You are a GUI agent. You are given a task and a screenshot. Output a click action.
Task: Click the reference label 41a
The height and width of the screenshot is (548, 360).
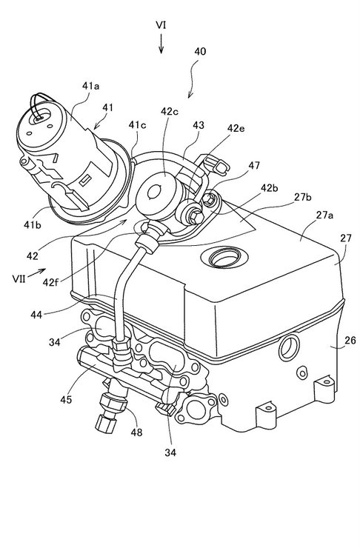(90, 86)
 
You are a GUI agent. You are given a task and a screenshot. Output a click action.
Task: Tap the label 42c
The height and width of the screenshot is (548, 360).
(169, 111)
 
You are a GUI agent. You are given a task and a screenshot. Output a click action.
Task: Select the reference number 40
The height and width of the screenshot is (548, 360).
(200, 52)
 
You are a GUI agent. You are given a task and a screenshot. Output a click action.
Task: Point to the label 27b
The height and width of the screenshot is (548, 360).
(303, 197)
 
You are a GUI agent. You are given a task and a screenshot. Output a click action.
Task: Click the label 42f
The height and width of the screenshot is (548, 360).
(50, 281)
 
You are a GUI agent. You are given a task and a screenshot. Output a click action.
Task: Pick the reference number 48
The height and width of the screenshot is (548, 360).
(136, 432)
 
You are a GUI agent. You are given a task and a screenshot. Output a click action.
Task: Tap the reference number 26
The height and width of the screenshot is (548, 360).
(350, 340)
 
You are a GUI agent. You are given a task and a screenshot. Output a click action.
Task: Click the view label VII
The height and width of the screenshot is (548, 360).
(19, 278)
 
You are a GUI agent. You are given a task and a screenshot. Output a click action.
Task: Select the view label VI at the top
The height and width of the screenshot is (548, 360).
(161, 25)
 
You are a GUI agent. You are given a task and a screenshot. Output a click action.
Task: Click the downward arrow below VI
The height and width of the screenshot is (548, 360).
(161, 44)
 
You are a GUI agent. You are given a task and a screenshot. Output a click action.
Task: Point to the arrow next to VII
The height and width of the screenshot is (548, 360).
(37, 273)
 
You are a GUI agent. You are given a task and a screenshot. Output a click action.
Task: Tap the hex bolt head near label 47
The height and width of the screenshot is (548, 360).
(208, 200)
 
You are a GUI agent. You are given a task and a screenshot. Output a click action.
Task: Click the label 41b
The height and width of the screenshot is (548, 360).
(33, 224)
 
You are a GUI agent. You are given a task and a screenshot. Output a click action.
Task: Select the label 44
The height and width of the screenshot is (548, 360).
(36, 315)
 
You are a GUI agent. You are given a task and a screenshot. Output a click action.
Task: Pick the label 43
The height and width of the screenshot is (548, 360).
(199, 125)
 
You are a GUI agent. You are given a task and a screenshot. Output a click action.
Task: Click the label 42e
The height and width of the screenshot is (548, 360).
(236, 128)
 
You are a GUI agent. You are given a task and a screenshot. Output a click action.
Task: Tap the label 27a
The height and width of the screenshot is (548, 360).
(324, 215)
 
